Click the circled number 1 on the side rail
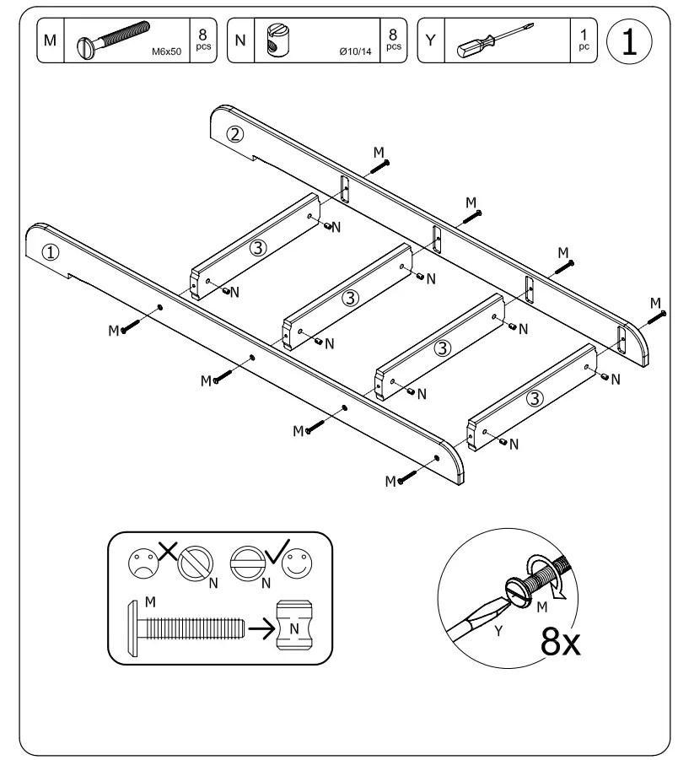51,251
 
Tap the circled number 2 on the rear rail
237,133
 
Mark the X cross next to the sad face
167,554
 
